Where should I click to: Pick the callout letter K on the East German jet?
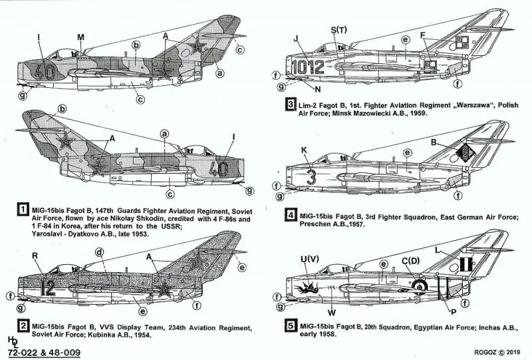[x=305, y=150]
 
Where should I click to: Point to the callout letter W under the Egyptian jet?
[x=332, y=311]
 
